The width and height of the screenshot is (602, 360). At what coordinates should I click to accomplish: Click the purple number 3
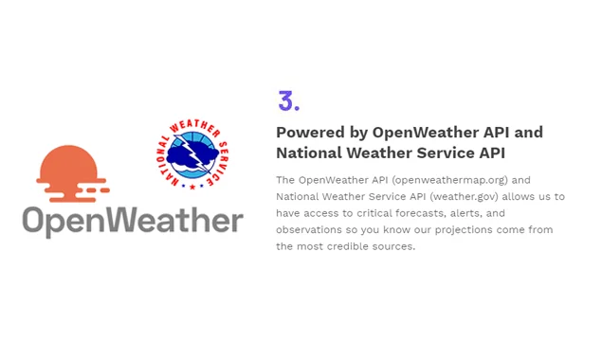click(288, 100)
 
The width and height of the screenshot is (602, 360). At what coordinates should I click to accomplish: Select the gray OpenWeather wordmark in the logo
click(133, 222)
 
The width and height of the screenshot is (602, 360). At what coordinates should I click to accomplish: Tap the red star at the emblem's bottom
click(192, 186)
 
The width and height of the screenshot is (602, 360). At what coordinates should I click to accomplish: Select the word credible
click(350, 246)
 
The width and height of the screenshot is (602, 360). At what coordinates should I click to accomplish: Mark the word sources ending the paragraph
click(394, 246)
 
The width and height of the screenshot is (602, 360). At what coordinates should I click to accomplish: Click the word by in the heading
click(356, 133)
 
